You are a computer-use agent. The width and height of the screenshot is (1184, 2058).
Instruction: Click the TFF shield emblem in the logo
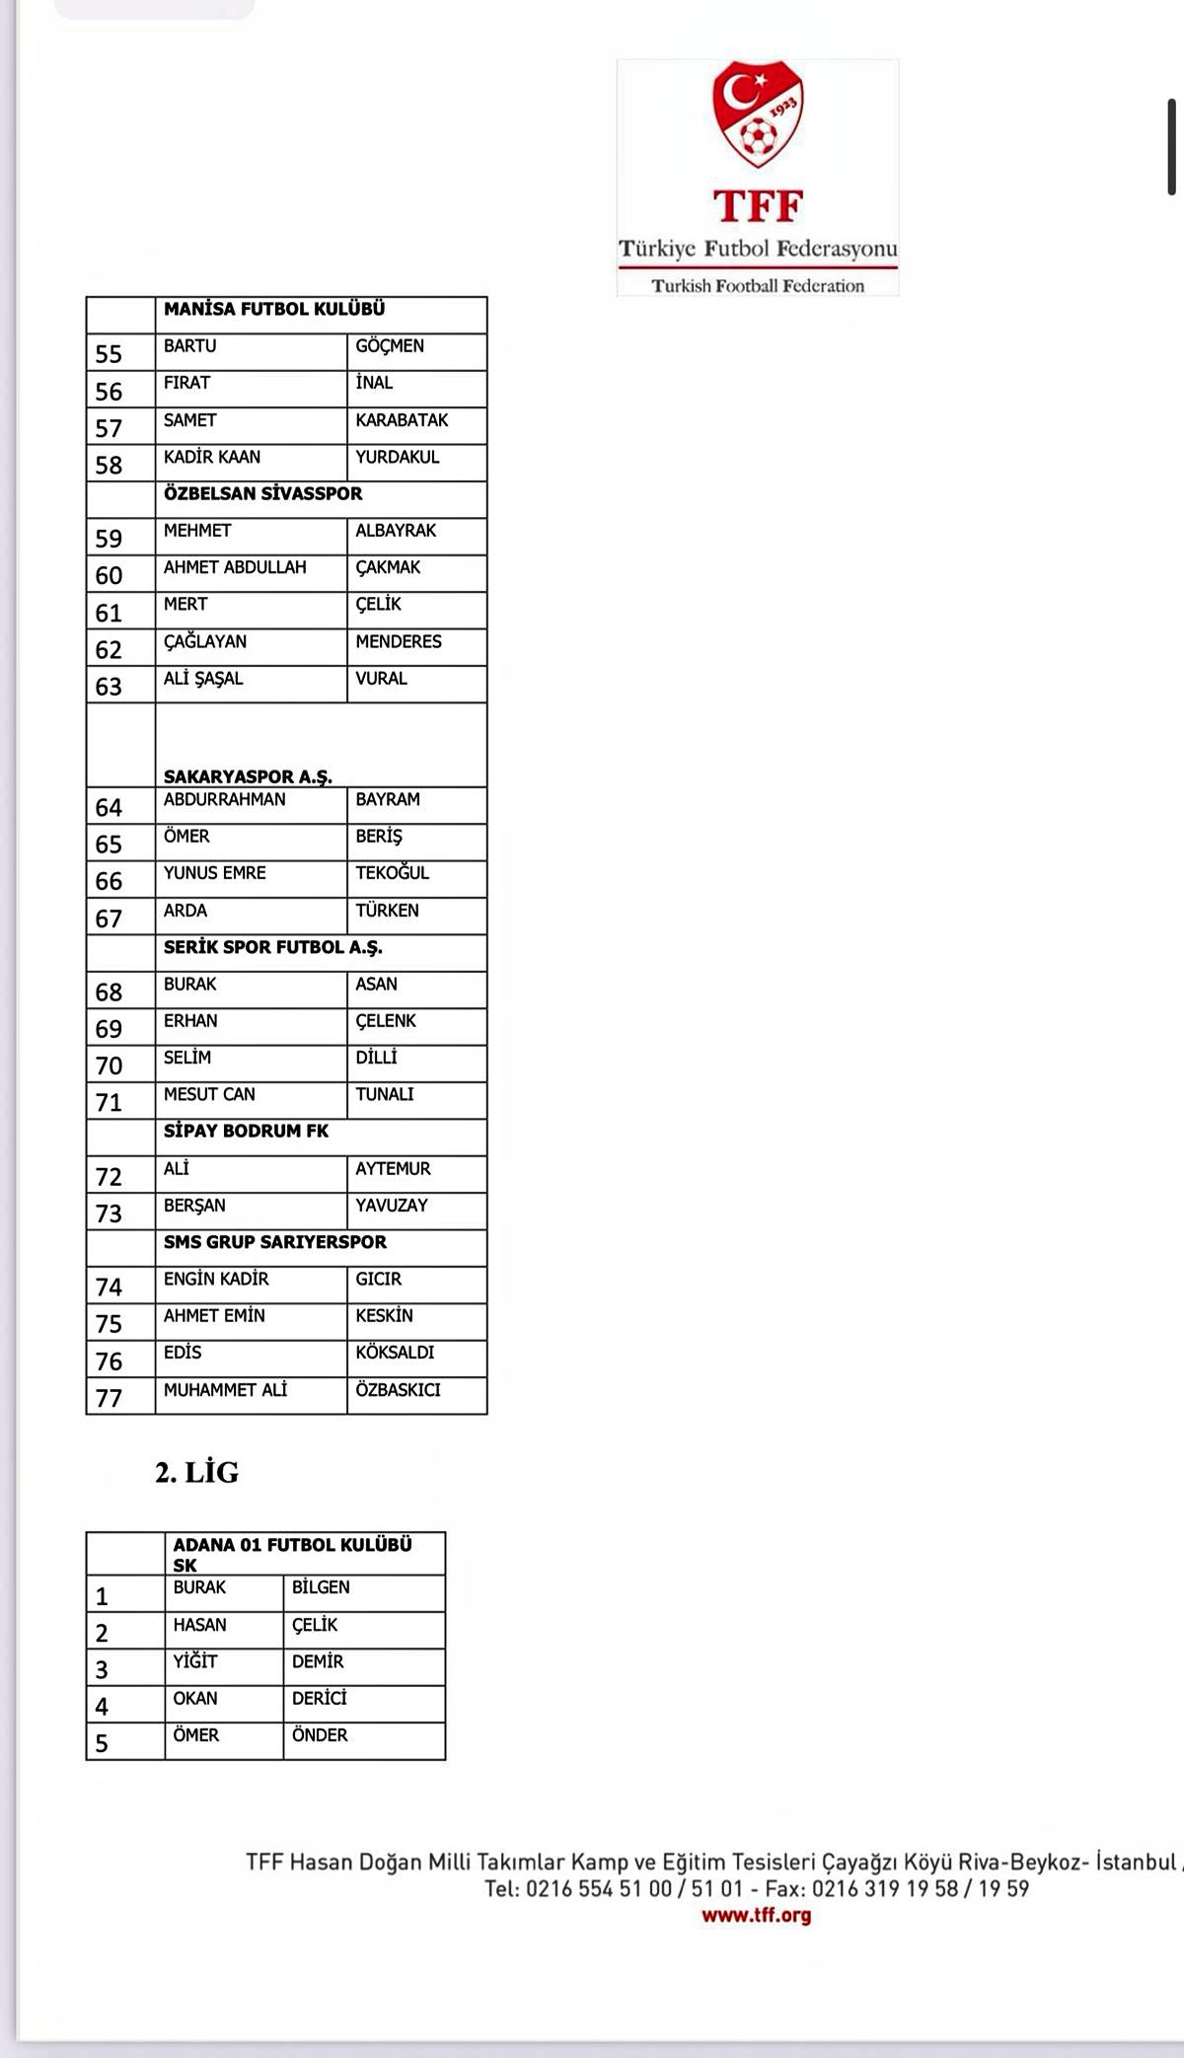(757, 112)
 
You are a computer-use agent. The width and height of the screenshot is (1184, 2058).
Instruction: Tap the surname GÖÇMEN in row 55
(390, 346)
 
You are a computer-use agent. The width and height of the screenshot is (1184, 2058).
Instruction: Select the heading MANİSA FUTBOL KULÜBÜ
(274, 309)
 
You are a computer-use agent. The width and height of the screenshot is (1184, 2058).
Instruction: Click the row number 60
(109, 575)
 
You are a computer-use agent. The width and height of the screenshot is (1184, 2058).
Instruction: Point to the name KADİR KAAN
(212, 457)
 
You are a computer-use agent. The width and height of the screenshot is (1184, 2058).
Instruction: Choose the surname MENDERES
(399, 641)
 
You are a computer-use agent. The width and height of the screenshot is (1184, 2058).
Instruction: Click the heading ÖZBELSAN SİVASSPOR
(262, 493)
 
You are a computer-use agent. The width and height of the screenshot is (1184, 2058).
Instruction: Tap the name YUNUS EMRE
(214, 873)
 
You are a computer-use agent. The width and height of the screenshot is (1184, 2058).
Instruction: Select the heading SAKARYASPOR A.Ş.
(248, 776)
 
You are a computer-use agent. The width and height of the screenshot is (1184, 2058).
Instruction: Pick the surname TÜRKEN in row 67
(387, 911)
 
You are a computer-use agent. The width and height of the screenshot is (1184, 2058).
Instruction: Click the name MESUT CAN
(209, 1094)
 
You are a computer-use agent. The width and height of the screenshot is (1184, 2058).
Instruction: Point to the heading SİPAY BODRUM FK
(246, 1131)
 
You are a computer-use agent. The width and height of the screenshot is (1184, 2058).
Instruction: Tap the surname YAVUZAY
(392, 1206)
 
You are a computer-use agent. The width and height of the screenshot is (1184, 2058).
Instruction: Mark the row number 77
(109, 1398)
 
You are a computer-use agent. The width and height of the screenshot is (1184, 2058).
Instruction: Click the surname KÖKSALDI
(395, 1353)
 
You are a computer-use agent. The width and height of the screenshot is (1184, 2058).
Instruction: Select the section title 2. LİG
(197, 1473)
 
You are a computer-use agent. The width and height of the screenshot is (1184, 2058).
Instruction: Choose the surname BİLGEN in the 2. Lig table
(321, 1587)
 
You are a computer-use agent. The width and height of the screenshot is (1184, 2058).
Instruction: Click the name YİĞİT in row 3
(195, 1661)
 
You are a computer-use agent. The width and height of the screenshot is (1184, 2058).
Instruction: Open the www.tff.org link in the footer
(756, 1915)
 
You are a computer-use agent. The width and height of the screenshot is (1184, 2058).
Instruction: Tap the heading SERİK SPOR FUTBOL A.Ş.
(272, 947)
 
